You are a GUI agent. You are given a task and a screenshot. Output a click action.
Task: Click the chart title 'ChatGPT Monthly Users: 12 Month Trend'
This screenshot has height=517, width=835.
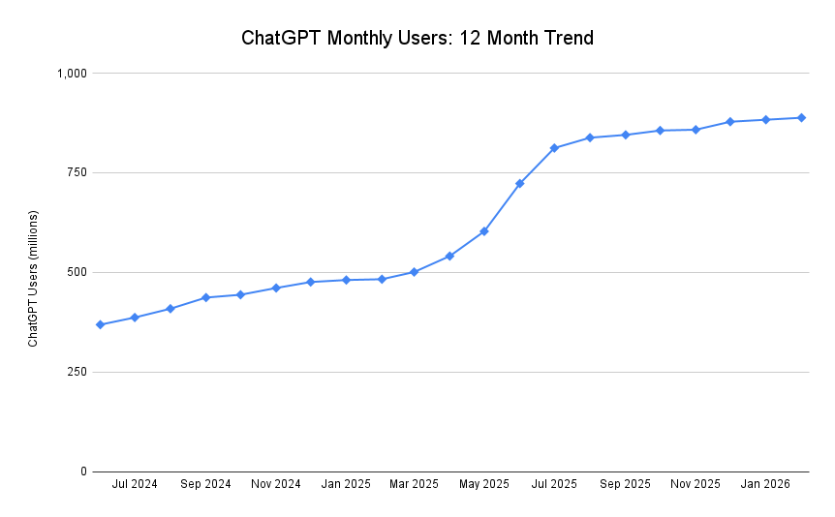pyautogui.click(x=417, y=39)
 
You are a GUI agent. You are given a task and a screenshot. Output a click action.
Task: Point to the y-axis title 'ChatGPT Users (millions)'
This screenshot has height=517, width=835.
pyautogui.click(x=33, y=278)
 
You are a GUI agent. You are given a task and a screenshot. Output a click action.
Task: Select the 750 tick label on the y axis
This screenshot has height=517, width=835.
pyautogui.click(x=77, y=172)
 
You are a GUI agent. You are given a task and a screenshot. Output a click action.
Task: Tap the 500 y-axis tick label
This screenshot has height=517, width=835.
pyautogui.click(x=77, y=272)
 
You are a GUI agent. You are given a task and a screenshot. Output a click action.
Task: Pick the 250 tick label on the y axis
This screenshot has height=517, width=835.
pyautogui.click(x=77, y=372)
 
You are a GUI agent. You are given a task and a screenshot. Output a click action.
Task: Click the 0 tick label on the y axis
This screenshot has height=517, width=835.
pyautogui.click(x=83, y=471)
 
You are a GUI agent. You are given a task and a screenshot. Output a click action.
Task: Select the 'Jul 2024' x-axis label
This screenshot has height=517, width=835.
pyautogui.click(x=135, y=484)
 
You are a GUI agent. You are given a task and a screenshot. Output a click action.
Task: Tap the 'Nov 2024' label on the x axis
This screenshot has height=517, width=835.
pyautogui.click(x=275, y=484)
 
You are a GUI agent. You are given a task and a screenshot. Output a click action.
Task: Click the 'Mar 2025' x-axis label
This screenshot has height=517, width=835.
pyautogui.click(x=414, y=484)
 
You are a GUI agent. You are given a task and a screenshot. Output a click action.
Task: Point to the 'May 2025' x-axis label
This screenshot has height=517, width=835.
pyautogui.click(x=483, y=484)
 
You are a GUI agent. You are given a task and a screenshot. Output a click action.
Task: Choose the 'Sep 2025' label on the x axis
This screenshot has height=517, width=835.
pyautogui.click(x=625, y=484)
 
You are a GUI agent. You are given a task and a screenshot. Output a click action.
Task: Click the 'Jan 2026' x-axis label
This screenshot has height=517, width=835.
pyautogui.click(x=765, y=484)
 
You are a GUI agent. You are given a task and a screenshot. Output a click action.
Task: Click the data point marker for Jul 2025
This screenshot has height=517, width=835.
pyautogui.click(x=555, y=148)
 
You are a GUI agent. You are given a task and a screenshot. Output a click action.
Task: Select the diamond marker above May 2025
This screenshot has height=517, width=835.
pyautogui.click(x=484, y=231)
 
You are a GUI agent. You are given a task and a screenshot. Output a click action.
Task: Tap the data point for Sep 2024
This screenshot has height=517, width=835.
pyautogui.click(x=205, y=297)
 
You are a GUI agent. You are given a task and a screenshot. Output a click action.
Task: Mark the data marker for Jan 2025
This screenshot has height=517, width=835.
pyautogui.click(x=346, y=280)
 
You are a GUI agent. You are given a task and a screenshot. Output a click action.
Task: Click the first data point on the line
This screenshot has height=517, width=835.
pyautogui.click(x=100, y=324)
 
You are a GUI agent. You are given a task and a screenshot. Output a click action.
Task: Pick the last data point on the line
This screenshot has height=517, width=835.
pyautogui.click(x=801, y=118)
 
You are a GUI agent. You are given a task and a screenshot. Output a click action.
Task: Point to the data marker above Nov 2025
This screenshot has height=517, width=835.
pyautogui.click(x=696, y=130)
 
